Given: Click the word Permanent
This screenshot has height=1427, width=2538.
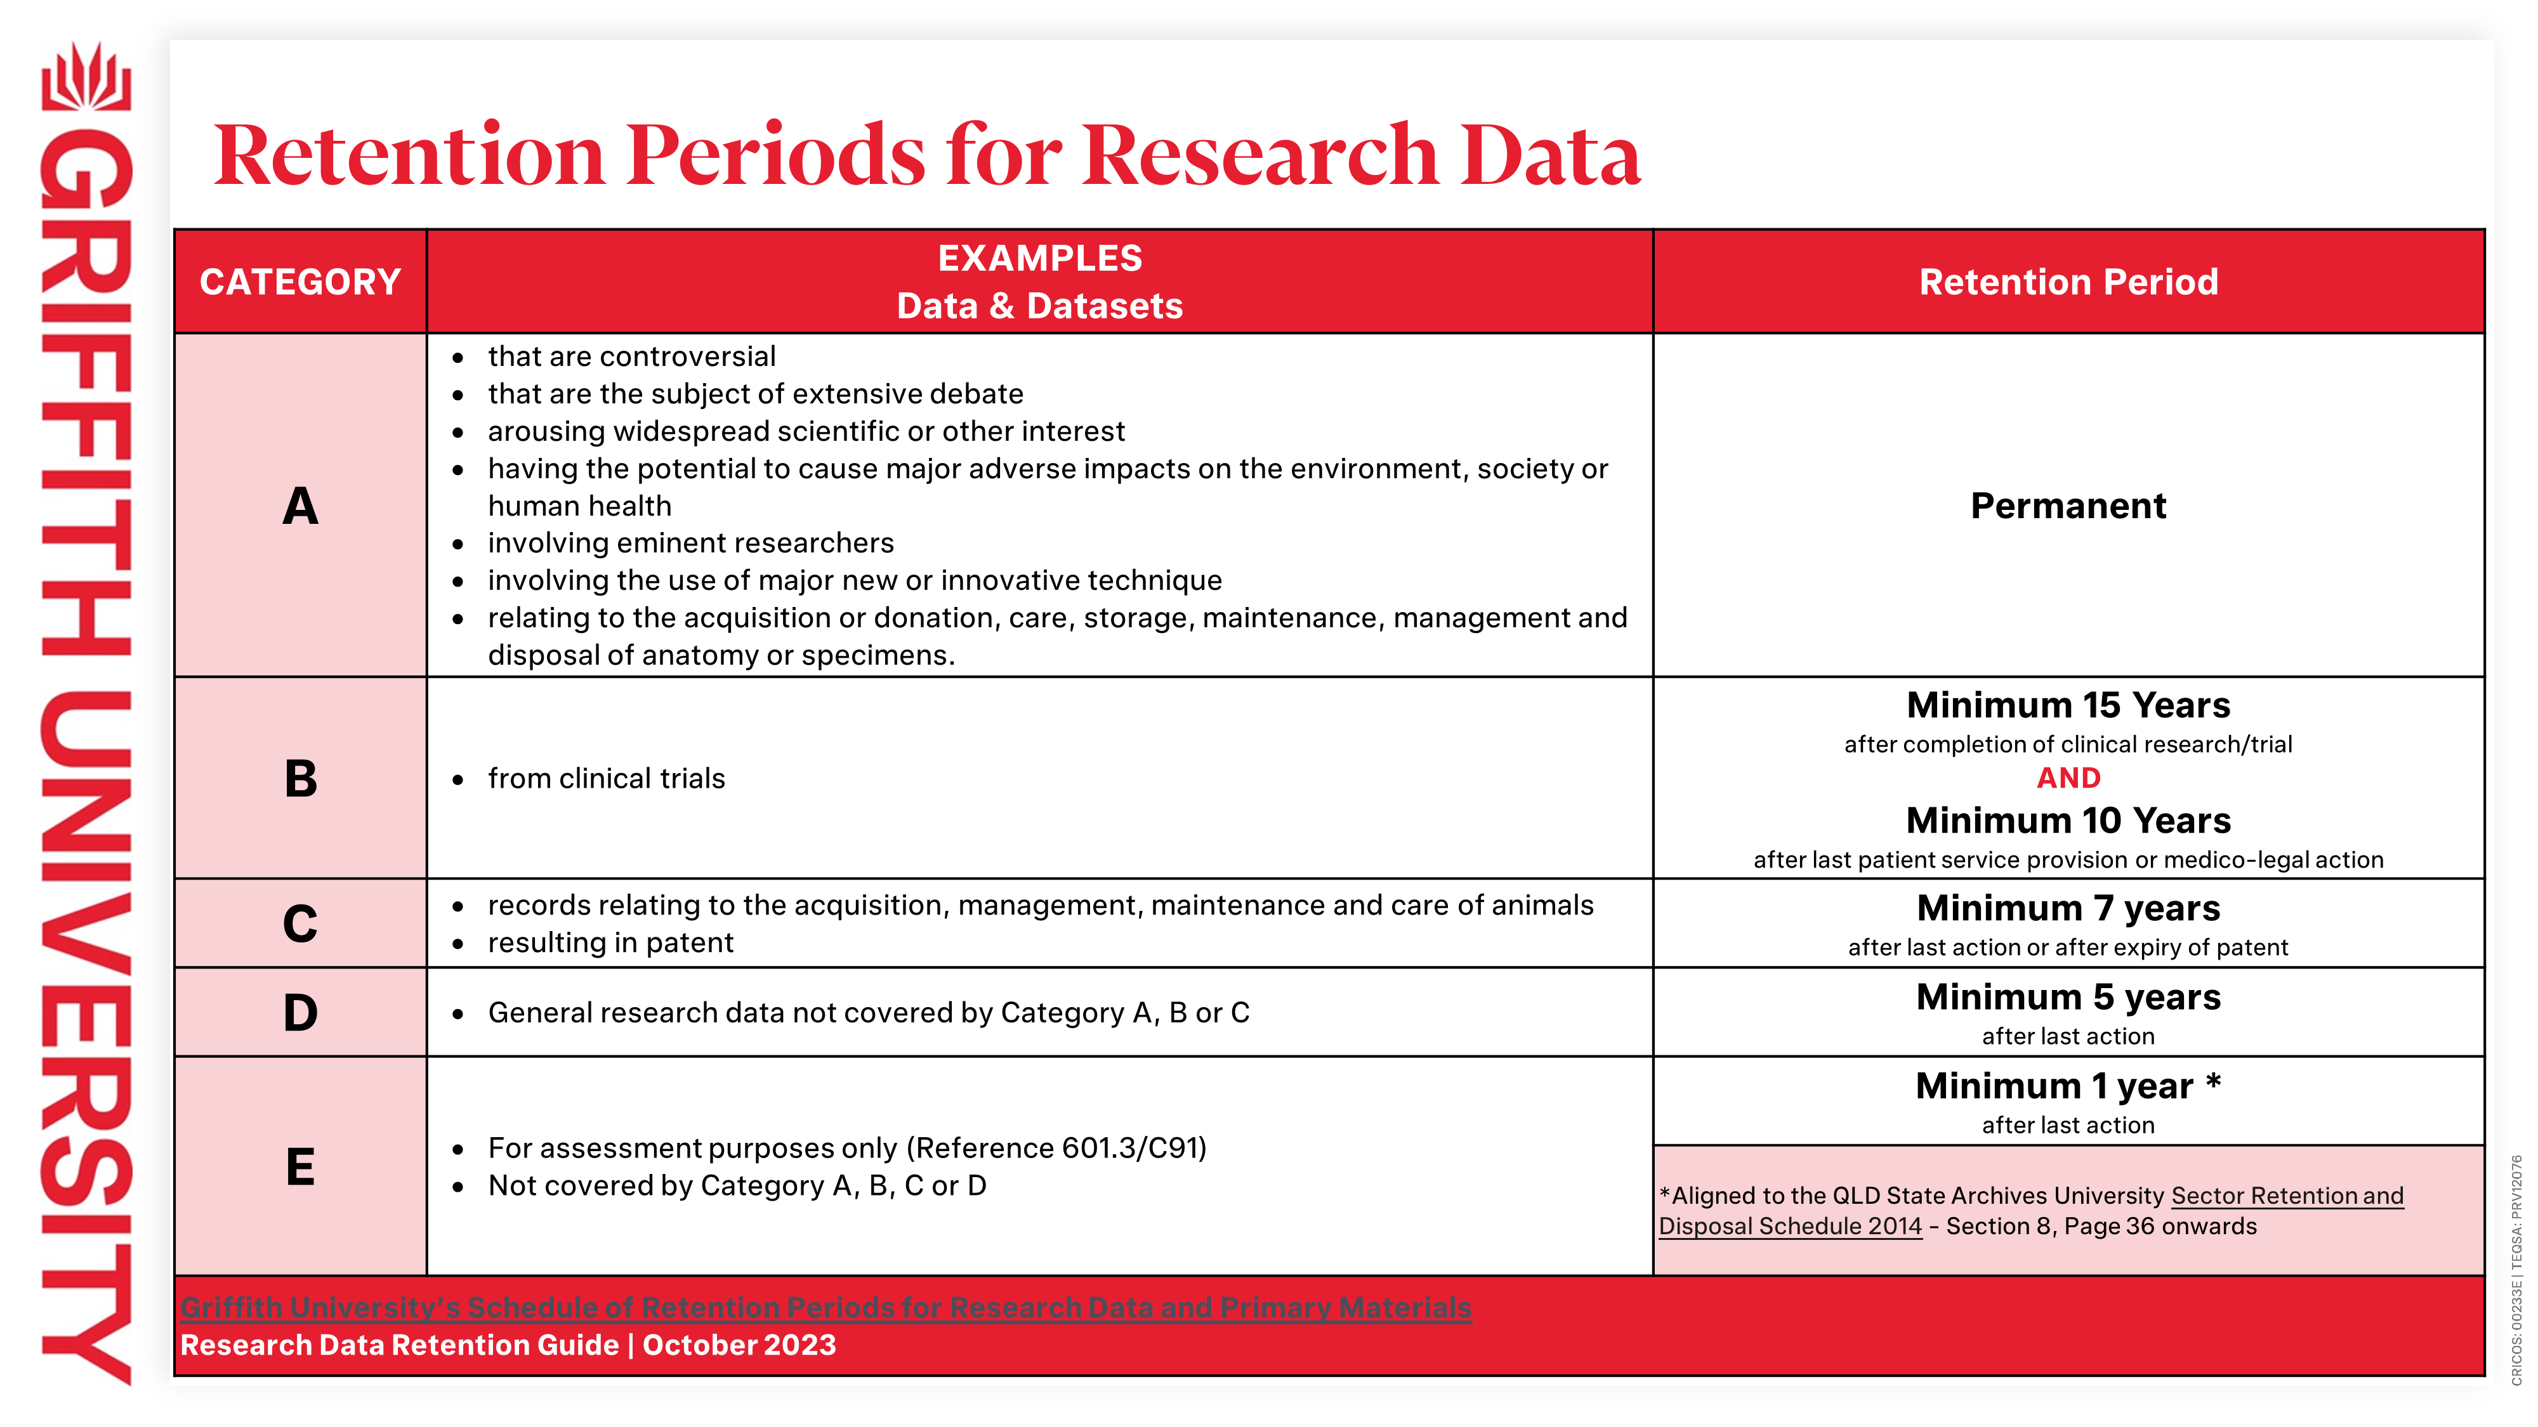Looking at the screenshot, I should [x=2067, y=505].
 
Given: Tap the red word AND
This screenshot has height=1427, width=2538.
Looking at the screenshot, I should [x=2068, y=778].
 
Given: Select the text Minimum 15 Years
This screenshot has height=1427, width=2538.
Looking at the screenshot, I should [x=2067, y=705].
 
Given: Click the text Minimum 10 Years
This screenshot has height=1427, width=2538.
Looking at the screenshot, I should [x=2067, y=820].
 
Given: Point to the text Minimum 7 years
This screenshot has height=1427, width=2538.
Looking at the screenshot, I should [x=2067, y=908].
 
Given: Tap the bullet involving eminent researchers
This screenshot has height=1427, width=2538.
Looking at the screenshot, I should [x=690, y=543].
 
